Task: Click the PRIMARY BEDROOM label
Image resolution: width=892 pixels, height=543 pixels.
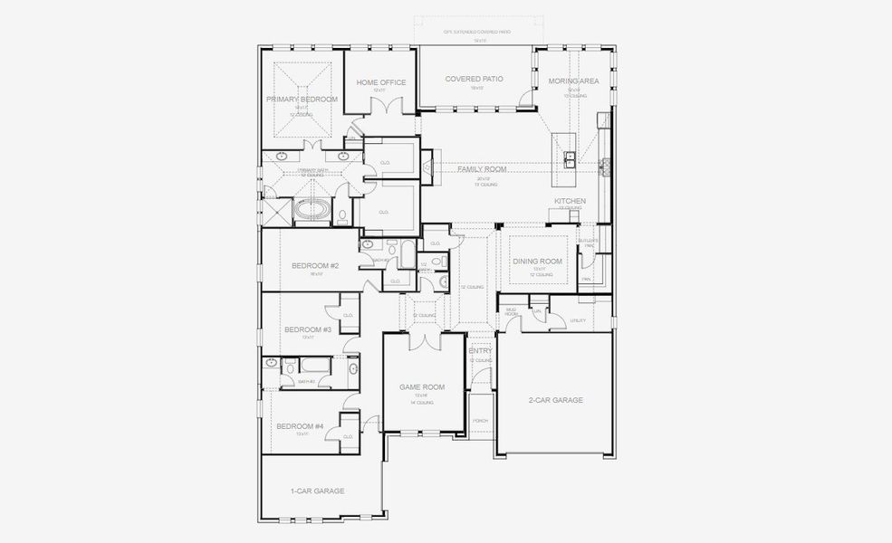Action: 302,99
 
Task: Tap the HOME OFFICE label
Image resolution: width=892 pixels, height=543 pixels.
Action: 381,82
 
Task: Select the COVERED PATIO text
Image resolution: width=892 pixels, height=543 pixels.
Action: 475,80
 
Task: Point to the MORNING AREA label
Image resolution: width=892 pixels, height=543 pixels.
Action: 574,81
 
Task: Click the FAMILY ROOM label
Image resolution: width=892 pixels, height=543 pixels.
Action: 482,169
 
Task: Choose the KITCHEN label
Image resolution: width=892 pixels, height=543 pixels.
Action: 571,201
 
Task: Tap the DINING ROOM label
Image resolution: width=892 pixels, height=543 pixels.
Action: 538,262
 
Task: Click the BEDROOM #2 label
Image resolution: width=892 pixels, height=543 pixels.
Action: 315,265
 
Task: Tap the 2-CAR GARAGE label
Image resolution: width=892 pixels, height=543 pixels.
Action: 555,399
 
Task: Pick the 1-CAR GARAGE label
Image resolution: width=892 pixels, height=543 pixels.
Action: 317,491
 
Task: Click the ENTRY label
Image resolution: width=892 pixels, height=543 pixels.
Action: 480,351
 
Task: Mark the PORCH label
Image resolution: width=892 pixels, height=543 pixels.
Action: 480,421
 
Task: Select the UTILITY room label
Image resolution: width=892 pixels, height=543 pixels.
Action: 579,320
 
